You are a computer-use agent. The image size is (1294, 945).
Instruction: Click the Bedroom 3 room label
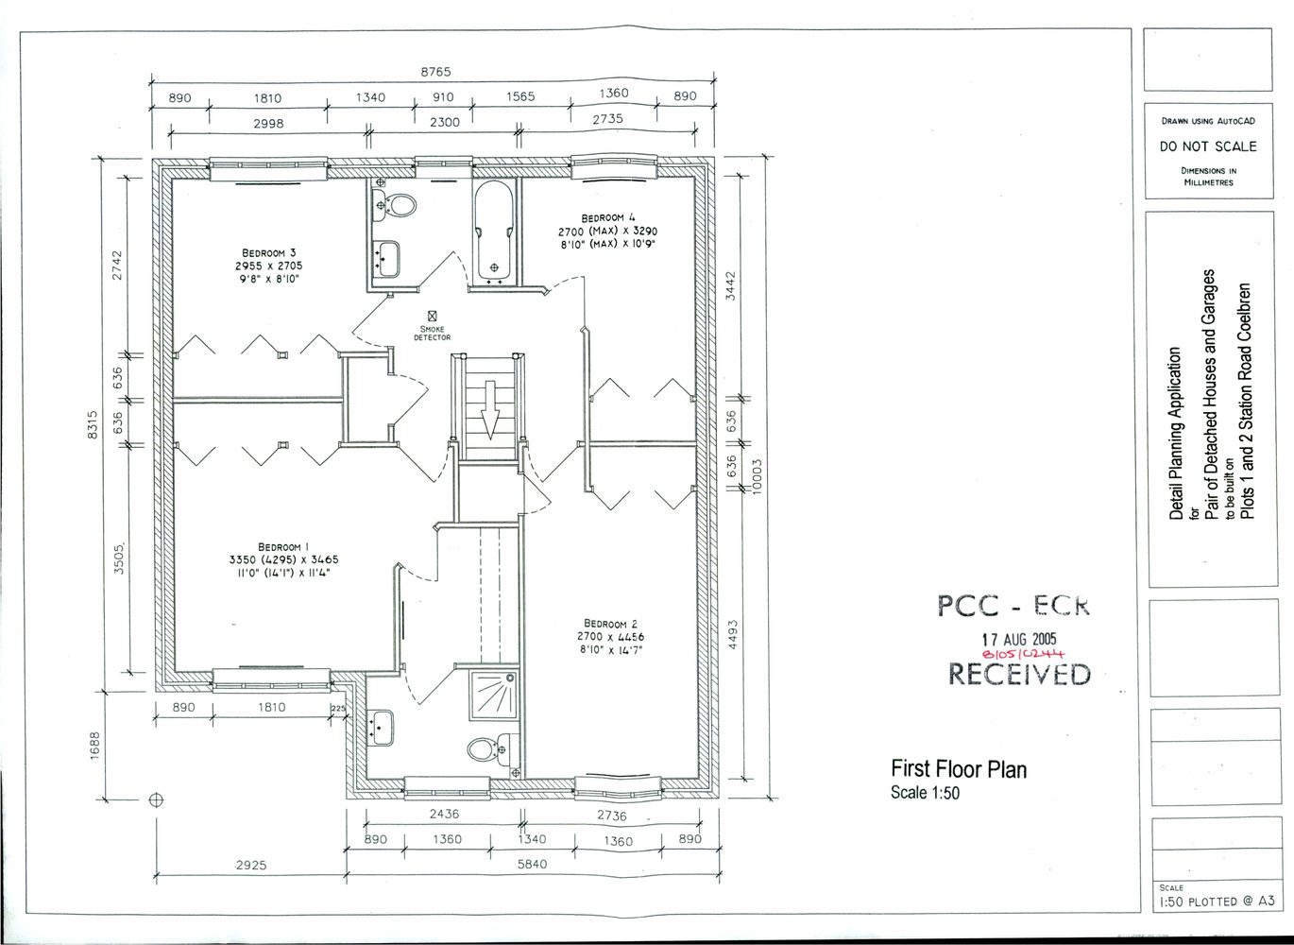pyautogui.click(x=269, y=252)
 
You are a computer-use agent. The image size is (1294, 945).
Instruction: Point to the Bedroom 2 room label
pyautogui.click(x=610, y=624)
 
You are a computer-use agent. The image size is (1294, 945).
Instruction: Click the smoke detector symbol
pyautogui.click(x=432, y=315)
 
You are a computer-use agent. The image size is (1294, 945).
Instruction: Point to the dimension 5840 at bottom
pyautogui.click(x=533, y=864)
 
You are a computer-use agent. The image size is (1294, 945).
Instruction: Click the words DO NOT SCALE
pyautogui.click(x=1208, y=146)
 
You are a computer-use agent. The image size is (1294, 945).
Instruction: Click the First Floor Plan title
pyautogui.click(x=958, y=768)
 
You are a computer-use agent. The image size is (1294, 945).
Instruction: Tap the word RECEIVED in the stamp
pyautogui.click(x=1018, y=674)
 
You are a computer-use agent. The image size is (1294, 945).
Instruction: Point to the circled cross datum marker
pyautogui.click(x=157, y=799)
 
